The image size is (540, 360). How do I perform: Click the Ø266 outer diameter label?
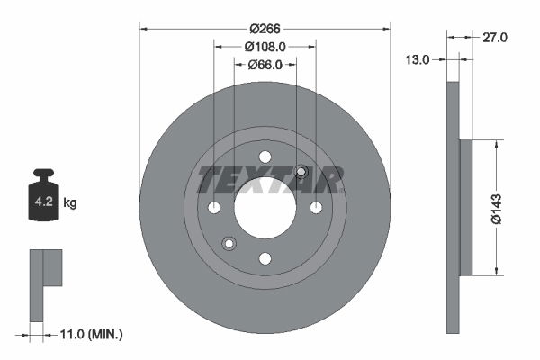[265, 27]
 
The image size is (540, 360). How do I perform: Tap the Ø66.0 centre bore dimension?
[265, 64]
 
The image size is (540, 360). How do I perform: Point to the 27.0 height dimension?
[496, 38]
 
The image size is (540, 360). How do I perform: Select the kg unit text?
[70, 203]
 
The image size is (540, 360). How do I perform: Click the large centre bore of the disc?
[265, 208]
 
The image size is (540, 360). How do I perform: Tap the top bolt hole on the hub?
[265, 157]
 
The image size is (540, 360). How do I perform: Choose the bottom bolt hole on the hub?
[265, 259]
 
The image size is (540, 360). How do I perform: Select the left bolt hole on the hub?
[213, 208]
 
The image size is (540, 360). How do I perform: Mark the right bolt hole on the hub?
[316, 208]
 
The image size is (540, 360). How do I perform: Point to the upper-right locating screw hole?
[301, 172]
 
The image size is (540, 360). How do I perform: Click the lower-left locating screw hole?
[229, 244]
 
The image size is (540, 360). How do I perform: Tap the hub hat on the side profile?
[466, 208]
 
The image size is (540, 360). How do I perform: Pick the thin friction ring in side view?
[453, 208]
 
